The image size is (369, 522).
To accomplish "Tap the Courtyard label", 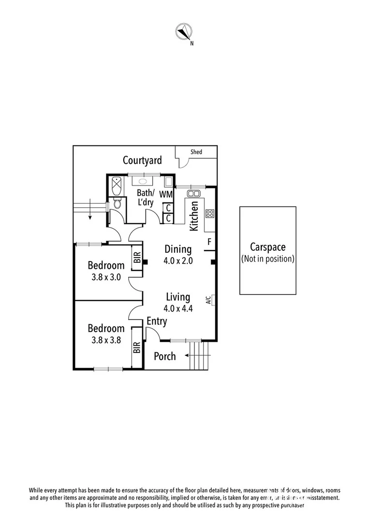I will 142,160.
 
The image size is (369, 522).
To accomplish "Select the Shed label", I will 196,152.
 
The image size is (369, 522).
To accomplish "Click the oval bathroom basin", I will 143,182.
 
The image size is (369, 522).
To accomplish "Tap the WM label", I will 166,194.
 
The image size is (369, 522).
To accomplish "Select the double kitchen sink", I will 194,193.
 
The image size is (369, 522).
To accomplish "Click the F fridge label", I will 209,241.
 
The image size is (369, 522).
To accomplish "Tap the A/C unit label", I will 208,300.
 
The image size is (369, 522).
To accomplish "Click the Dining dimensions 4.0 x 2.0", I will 178,261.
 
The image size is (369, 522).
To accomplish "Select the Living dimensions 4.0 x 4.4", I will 178,308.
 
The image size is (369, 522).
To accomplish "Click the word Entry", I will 157,321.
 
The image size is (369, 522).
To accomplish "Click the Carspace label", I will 267,247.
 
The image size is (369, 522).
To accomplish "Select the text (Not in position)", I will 267,259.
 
